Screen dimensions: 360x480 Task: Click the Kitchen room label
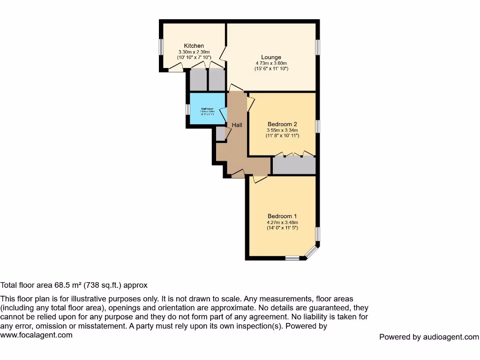coord(194,45)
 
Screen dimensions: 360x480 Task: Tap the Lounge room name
coord(271,57)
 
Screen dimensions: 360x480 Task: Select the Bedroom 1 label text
coord(282,216)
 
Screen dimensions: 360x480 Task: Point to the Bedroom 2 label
coord(283,124)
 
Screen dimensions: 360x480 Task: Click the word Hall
coord(237,125)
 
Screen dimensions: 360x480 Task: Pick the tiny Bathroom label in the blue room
coord(207,109)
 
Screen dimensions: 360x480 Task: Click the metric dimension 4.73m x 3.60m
coord(271,63)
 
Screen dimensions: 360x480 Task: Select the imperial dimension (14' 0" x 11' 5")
coord(282,228)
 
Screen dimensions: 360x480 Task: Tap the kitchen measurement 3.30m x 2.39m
coord(194,52)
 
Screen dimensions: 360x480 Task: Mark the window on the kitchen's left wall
coord(161,47)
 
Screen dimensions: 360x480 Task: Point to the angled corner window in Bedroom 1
coord(311,252)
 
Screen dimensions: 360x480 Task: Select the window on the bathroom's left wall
coord(187,109)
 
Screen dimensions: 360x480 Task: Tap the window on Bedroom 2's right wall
coord(317,126)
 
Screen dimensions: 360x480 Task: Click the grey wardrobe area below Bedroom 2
coord(294,165)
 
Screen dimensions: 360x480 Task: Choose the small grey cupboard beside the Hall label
coord(220,134)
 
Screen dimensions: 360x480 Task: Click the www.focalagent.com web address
coord(37,335)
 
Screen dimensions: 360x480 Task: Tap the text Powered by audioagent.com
coord(429,337)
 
